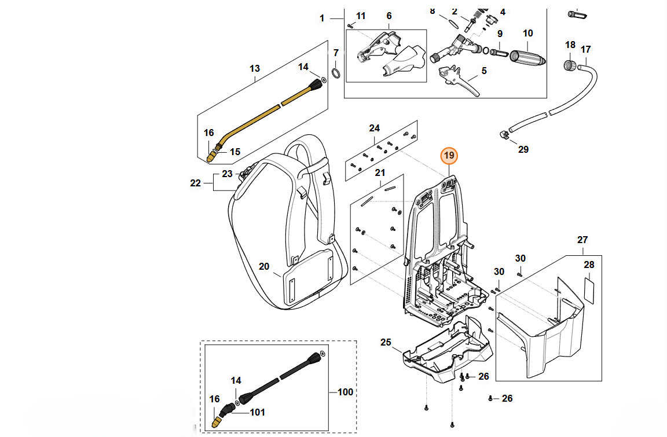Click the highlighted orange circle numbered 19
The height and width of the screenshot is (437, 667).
point(449,156)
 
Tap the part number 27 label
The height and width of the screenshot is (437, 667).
point(582,240)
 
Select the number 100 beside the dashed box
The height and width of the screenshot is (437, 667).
point(345,392)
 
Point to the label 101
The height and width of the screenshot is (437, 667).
point(257,412)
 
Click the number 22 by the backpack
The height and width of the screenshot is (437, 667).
point(196,183)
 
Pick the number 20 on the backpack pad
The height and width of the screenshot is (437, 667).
point(264,266)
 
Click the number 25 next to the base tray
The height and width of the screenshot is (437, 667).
point(386,342)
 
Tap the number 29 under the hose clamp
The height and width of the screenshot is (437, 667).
point(523,149)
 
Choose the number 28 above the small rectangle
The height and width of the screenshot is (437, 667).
point(589,265)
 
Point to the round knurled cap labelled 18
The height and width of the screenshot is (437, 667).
point(570,64)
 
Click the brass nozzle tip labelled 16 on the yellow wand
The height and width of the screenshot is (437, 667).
point(211,156)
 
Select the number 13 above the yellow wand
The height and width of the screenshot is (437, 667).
point(255,69)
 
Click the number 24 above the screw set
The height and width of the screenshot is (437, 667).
point(374,128)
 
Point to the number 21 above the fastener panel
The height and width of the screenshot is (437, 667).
point(380,172)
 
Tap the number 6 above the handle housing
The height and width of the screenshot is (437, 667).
point(389,16)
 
